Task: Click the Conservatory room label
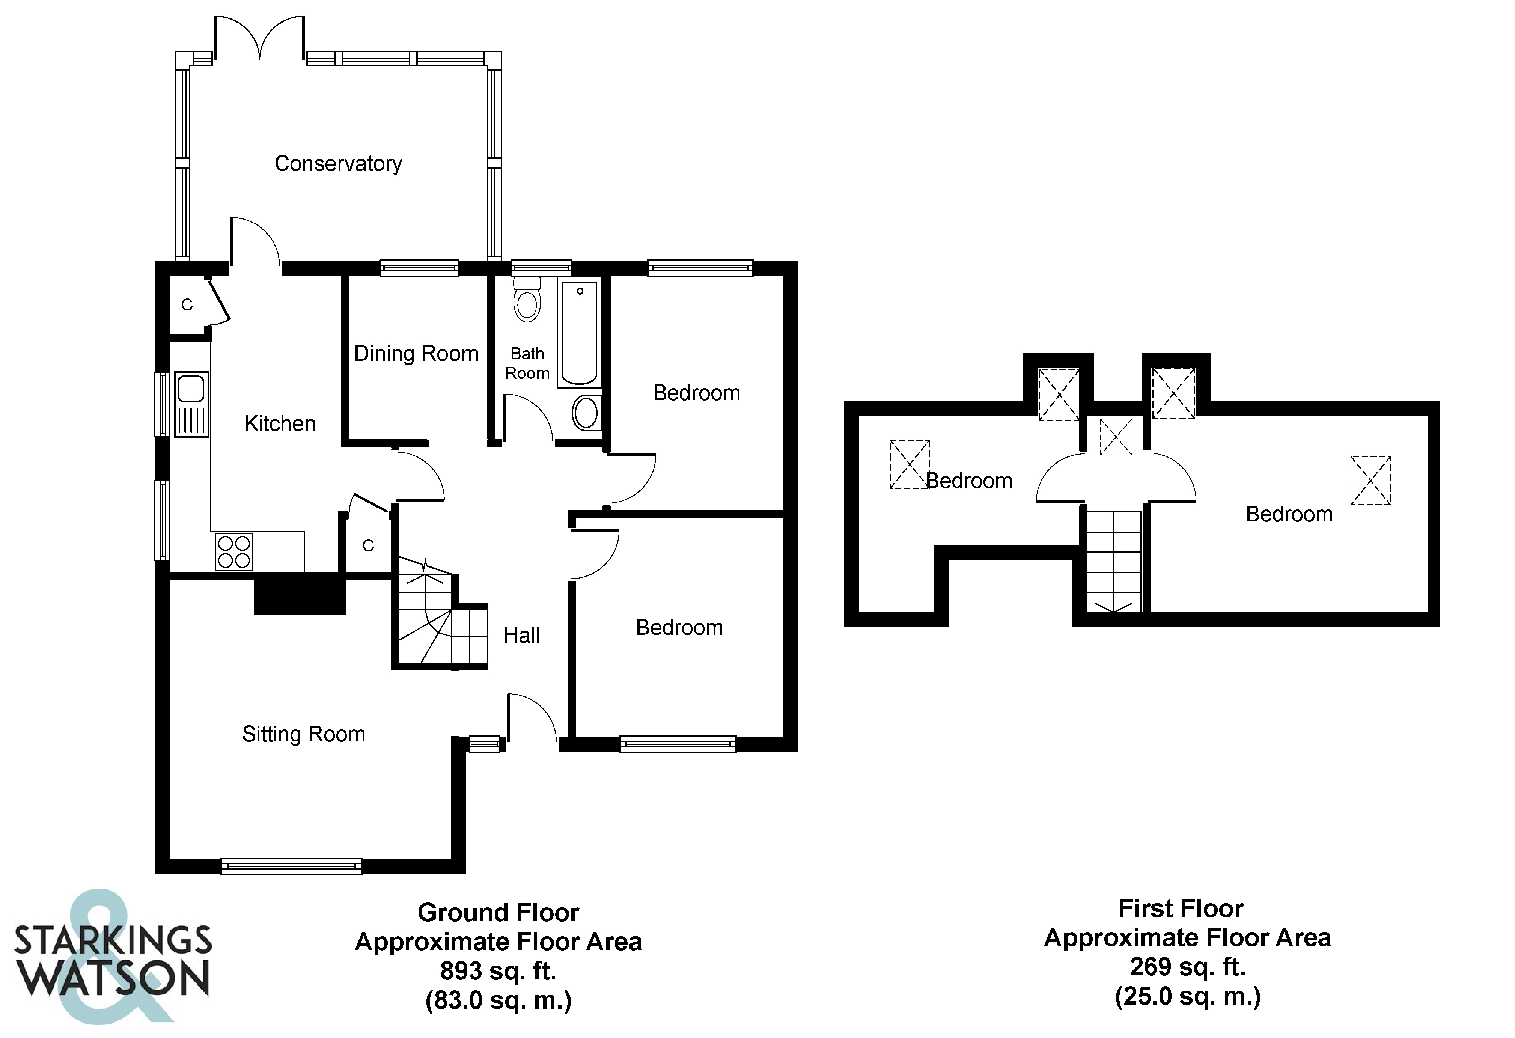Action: click(338, 164)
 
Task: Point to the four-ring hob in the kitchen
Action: click(234, 551)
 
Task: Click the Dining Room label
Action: click(416, 353)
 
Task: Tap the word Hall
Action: click(521, 635)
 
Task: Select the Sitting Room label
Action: click(303, 734)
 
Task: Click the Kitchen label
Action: click(280, 424)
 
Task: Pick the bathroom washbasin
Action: click(586, 413)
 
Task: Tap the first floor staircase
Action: click(1113, 561)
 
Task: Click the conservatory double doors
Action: click(259, 39)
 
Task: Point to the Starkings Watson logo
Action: click(112, 958)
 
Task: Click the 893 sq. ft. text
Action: click(498, 971)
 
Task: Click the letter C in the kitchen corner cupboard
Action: click(187, 304)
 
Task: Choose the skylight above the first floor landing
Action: click(1115, 437)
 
